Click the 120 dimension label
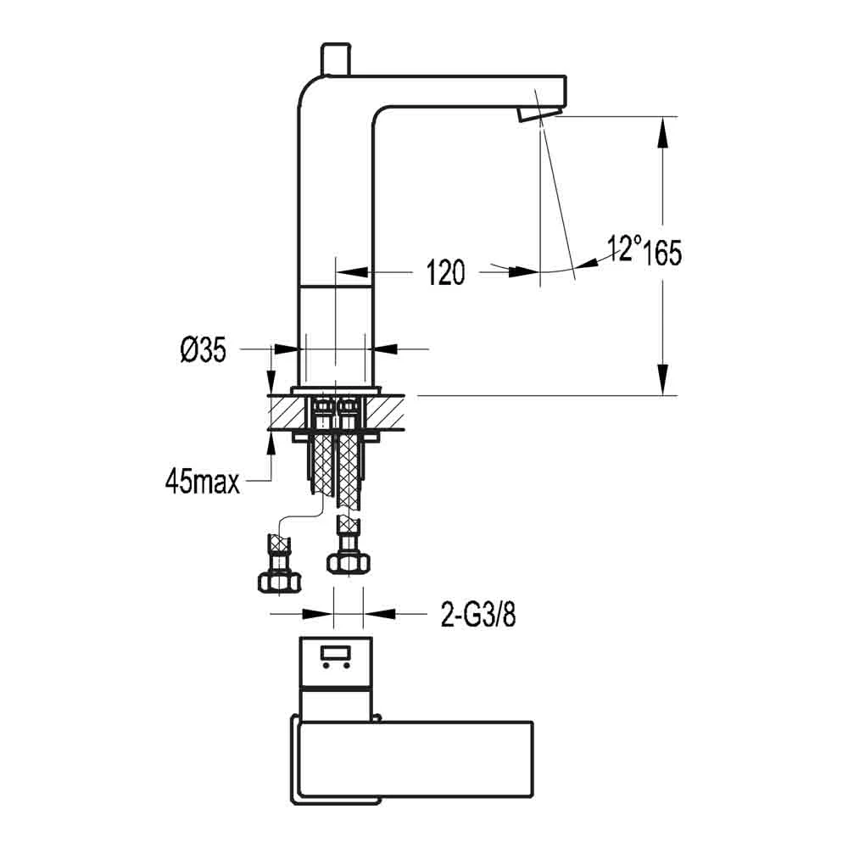445,272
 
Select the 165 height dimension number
661,252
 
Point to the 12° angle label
623,248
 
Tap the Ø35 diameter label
203,349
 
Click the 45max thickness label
202,483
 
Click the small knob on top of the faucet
333,59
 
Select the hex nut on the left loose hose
277,580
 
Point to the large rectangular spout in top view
416,760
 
